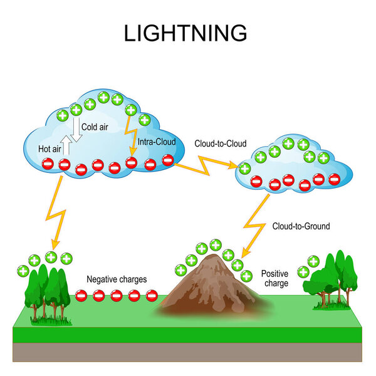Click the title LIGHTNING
[185, 32]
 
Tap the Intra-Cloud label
[156, 142]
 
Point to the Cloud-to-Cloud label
[219, 144]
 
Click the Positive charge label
[274, 278]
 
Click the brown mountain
[213, 285]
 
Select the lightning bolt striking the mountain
[254, 224]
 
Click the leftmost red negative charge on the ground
[81, 295]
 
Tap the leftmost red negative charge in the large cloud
[48, 164]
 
